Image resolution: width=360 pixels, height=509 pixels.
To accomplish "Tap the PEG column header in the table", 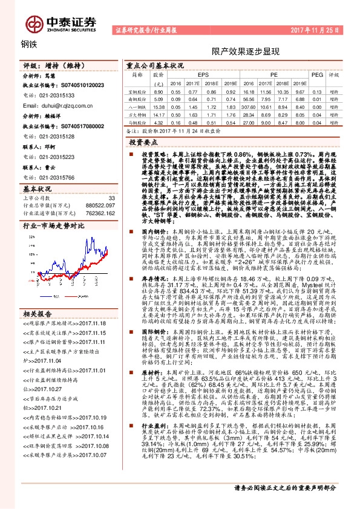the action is pos(317,75).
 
